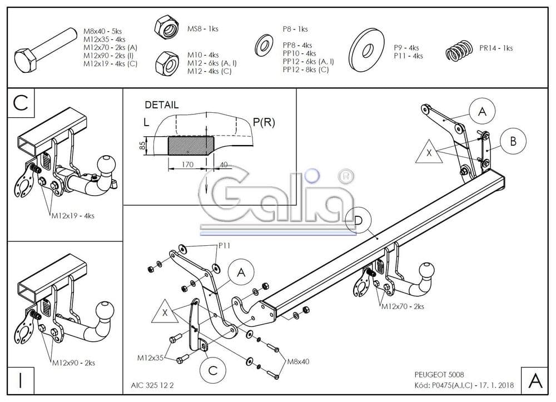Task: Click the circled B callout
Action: [x=513, y=141]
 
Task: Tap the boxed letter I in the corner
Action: [x=20, y=381]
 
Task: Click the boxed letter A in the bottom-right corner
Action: [x=535, y=381]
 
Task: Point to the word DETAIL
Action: [x=162, y=105]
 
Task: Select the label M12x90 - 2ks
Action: [x=73, y=363]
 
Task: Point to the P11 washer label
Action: [x=224, y=245]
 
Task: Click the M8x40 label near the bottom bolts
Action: [x=297, y=362]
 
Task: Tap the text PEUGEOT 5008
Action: [x=436, y=375]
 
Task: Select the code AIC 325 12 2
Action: [x=155, y=384]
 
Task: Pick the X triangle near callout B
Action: [x=429, y=152]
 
